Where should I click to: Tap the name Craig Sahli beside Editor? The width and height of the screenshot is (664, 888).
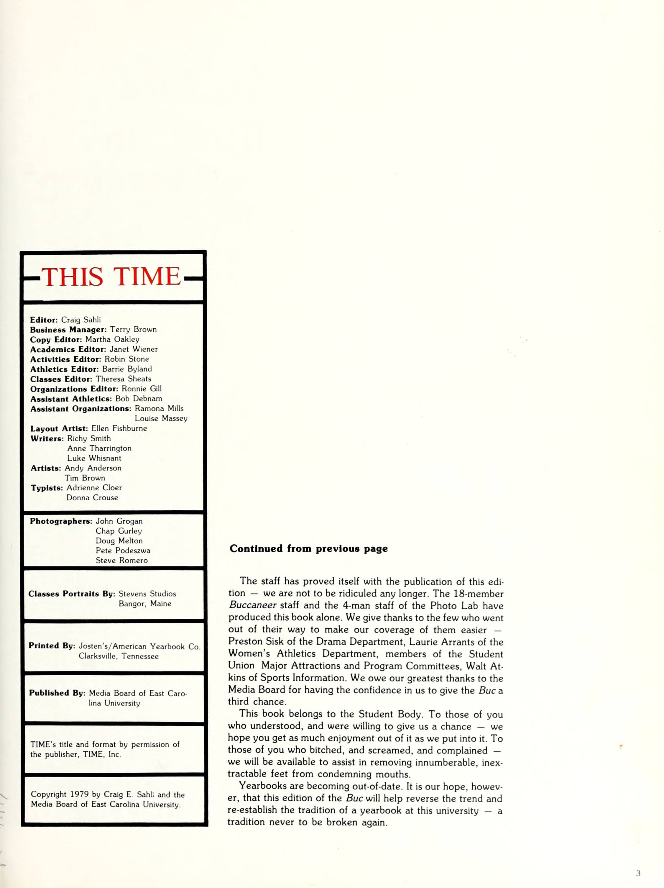(x=81, y=320)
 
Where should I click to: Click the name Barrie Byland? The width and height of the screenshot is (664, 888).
(x=127, y=369)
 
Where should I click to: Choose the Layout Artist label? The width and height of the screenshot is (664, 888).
(x=59, y=428)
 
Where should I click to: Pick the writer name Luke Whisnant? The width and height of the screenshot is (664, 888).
(x=94, y=458)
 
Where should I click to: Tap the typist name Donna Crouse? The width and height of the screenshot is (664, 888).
(x=92, y=497)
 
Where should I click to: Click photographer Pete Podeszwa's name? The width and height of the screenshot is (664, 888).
(x=123, y=551)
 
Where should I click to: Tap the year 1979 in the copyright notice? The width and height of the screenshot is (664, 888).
(x=79, y=794)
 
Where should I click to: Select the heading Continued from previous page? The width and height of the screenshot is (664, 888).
(x=308, y=549)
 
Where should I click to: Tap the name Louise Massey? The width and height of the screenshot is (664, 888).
(x=161, y=418)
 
